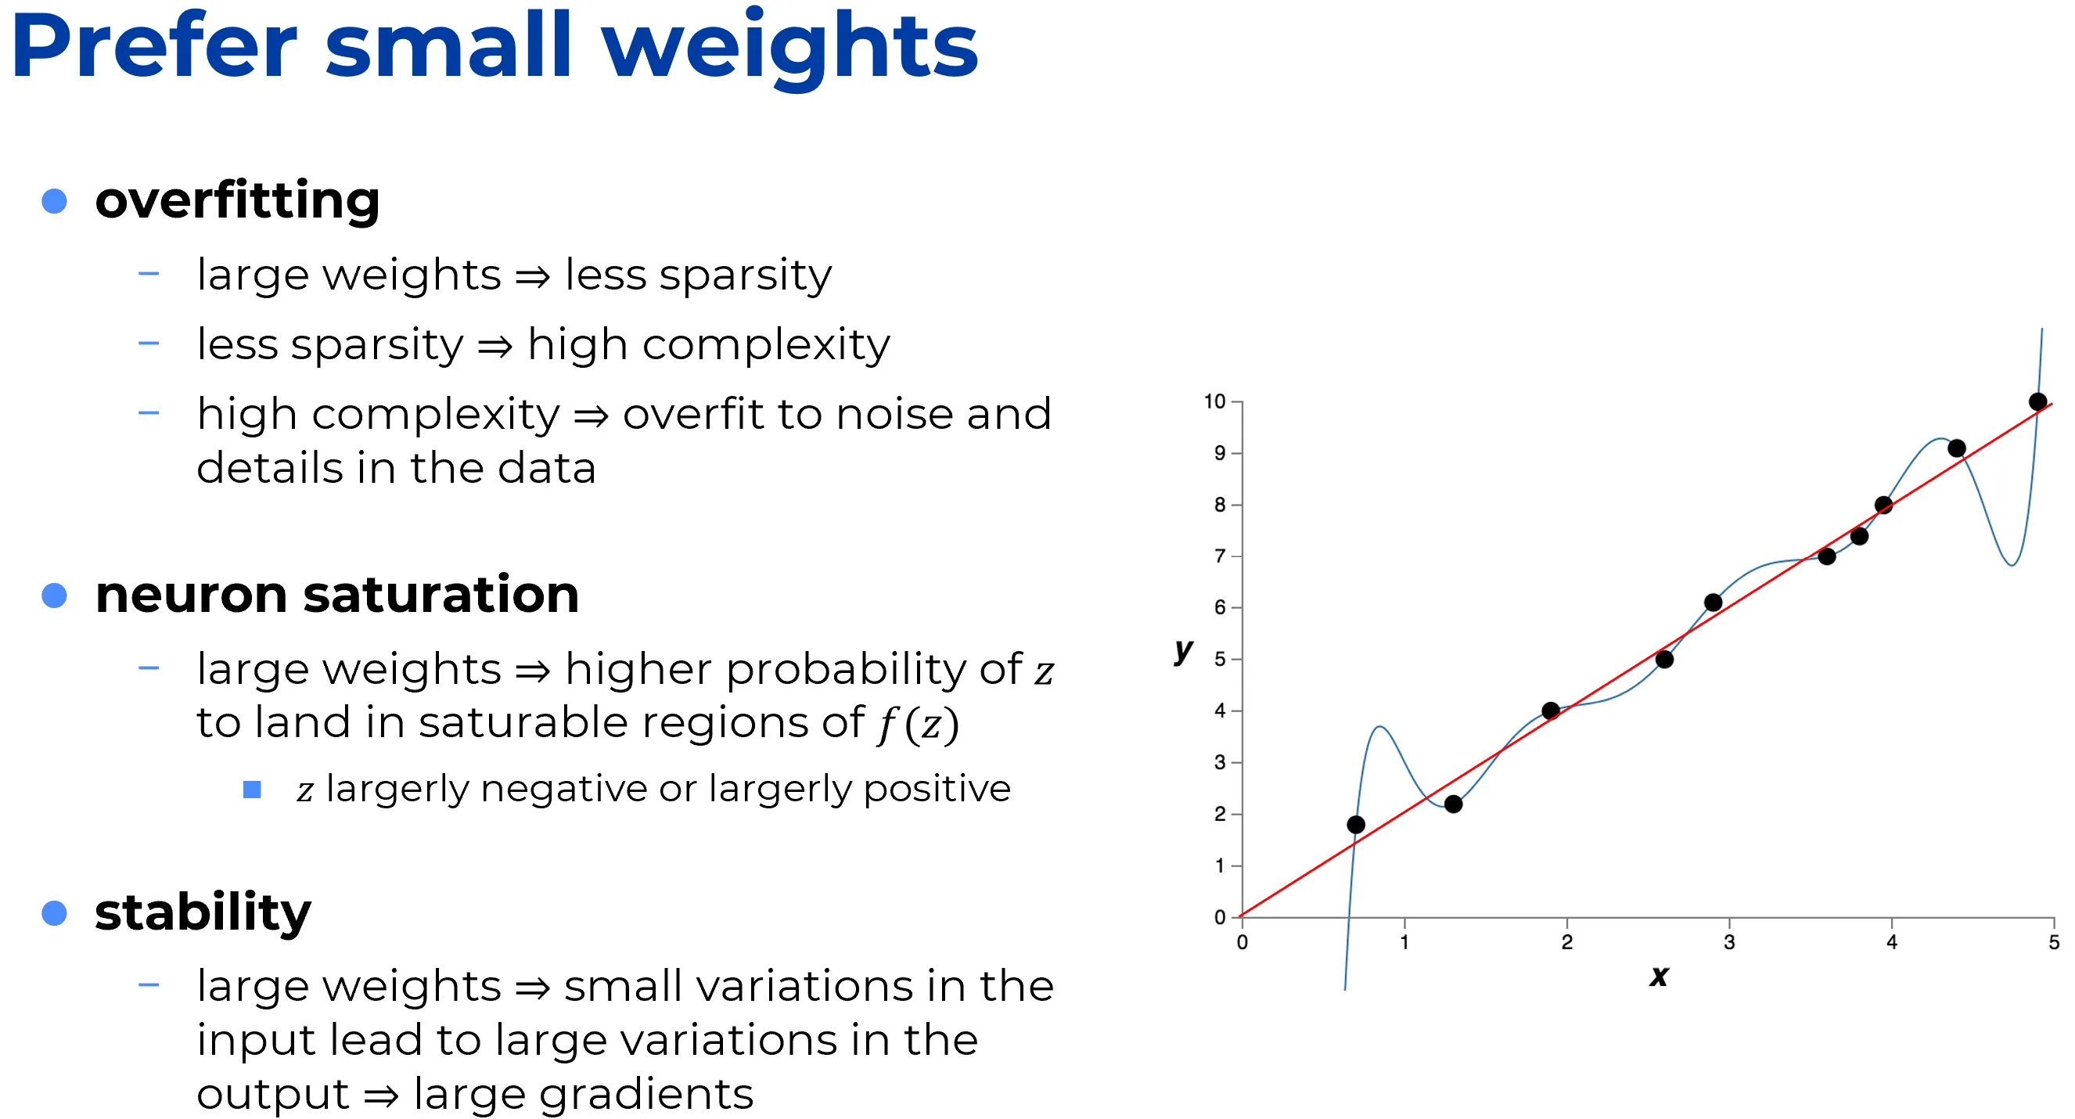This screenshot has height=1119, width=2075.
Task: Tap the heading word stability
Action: (203, 913)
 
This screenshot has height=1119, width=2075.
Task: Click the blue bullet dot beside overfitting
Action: (54, 200)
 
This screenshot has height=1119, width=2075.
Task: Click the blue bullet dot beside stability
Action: (54, 912)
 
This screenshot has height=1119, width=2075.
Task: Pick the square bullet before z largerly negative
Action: (252, 790)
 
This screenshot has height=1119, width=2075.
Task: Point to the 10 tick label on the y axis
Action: (1214, 401)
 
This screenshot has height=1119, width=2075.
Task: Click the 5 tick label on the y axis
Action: (1220, 659)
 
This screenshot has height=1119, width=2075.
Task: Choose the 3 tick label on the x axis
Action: (1728, 942)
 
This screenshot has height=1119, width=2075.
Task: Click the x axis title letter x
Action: (1659, 977)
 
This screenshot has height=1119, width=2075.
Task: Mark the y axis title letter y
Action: (1183, 649)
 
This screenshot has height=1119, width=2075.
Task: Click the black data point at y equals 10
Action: (2037, 401)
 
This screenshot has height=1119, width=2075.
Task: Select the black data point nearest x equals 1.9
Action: (1551, 711)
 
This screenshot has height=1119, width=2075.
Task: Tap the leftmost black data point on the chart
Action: (1356, 824)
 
